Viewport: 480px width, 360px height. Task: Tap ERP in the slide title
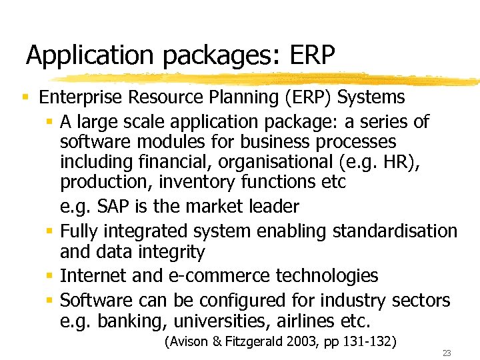click(310, 55)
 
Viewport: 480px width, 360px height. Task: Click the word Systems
click(371, 97)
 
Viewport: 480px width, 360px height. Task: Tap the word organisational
click(257, 162)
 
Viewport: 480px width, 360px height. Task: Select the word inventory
click(184, 183)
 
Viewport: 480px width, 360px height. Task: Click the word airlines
click(306, 321)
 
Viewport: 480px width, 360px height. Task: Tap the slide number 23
click(447, 353)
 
